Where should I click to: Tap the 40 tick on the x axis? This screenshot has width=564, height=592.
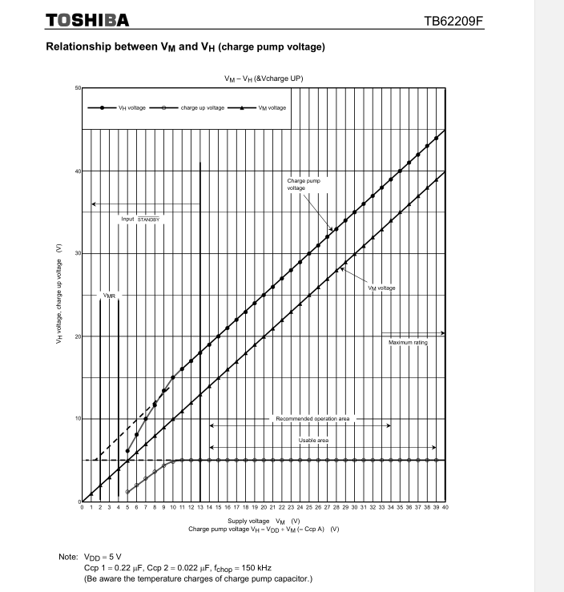pos(445,508)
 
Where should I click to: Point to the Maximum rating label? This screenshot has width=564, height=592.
pos(408,343)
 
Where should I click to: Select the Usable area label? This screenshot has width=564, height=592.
pos(313,441)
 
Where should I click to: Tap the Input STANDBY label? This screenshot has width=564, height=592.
pos(141,217)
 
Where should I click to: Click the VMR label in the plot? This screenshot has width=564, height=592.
pos(109,296)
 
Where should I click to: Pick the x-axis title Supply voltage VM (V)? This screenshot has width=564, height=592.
pos(263,521)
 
